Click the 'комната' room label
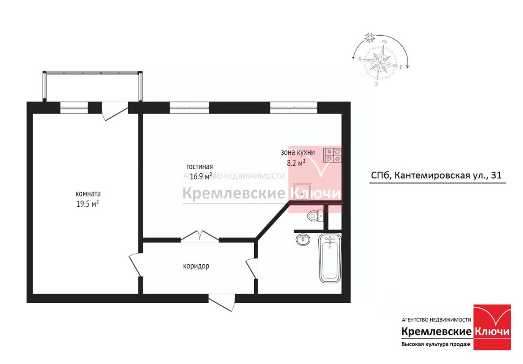[x=88, y=194]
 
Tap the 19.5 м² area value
[x=88, y=204]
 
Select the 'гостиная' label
[x=199, y=167]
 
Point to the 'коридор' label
[x=196, y=266]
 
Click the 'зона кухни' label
[x=297, y=152]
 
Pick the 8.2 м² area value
[x=296, y=163]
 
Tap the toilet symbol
[x=315, y=216]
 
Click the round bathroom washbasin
[x=302, y=239]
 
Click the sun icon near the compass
[x=370, y=38]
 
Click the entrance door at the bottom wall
[x=221, y=301]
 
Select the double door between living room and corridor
[x=200, y=237]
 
